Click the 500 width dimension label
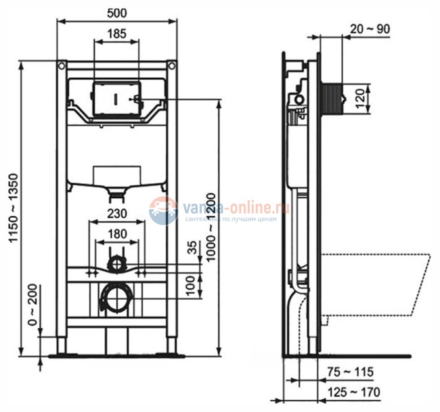click(x=116, y=12)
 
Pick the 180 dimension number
click(x=116, y=234)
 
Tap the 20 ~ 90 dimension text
click(x=370, y=28)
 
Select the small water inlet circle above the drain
click(x=116, y=262)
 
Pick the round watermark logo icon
click(x=163, y=210)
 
